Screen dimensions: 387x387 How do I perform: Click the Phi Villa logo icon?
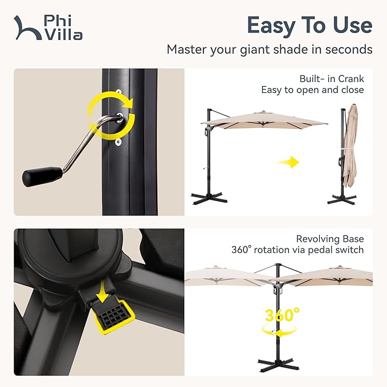coord(26,27)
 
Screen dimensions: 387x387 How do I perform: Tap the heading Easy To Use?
coord(309,25)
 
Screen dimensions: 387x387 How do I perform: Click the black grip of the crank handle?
coord(41,176)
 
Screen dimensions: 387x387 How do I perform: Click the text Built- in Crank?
coord(331,79)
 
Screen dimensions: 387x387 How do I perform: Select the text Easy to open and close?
coord(312,90)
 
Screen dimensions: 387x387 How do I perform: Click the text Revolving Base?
coord(330,239)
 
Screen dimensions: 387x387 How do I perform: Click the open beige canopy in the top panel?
coord(263,121)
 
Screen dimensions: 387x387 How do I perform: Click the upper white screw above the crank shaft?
coord(120,92)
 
